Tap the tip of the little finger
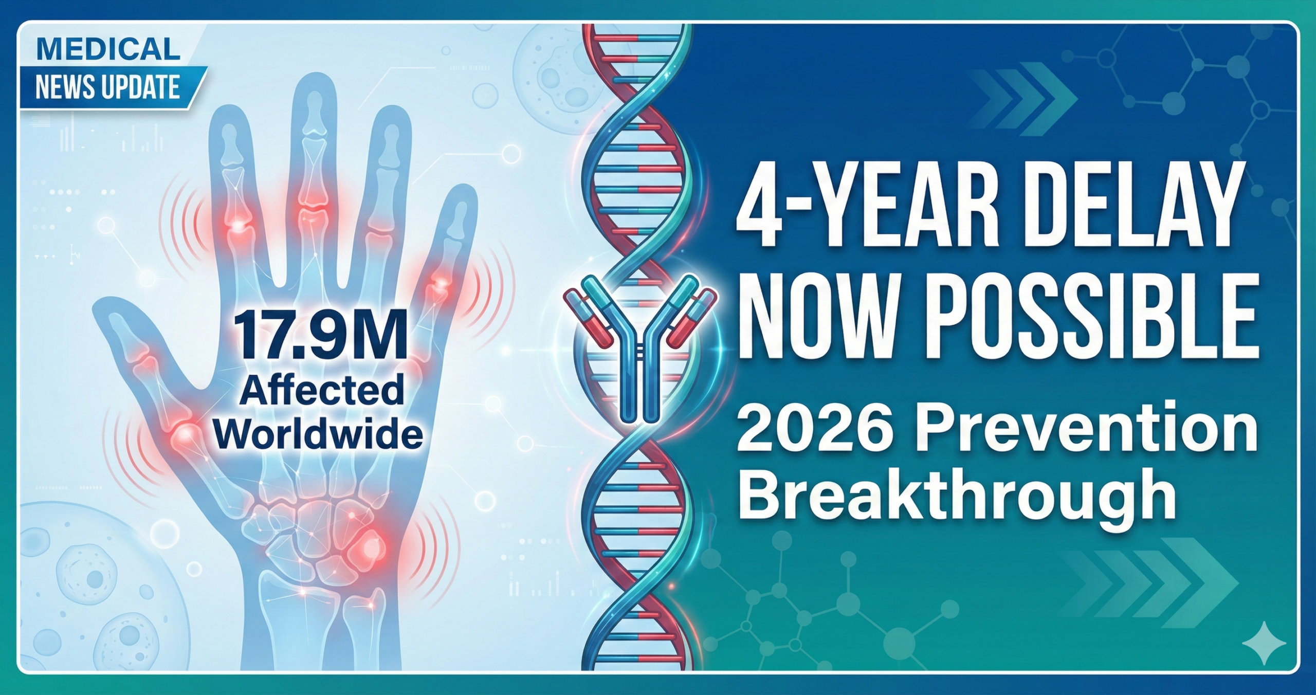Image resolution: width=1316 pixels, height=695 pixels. coord(463,195)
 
